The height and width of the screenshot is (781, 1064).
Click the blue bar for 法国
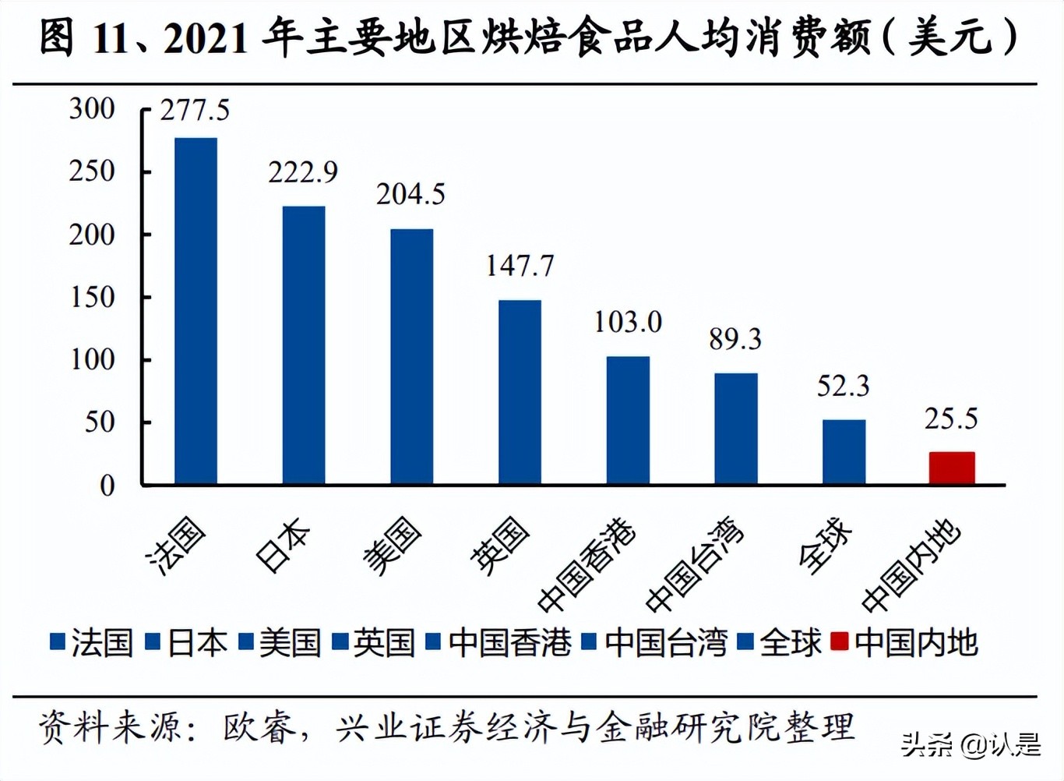(196, 312)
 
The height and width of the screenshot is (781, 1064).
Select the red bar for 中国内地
(952, 468)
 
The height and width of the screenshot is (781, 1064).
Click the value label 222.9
(303, 172)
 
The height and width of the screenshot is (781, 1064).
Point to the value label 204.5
(410, 194)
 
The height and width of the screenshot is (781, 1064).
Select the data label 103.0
(628, 322)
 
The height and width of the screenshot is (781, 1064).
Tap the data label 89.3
(735, 339)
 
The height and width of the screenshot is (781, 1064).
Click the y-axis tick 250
(92, 171)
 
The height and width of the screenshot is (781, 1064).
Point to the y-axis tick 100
(92, 359)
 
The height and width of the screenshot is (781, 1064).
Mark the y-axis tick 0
(107, 486)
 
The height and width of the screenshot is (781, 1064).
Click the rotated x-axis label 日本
(282, 545)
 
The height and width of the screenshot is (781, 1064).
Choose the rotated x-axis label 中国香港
(587, 564)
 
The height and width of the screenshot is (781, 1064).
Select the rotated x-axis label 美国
(392, 546)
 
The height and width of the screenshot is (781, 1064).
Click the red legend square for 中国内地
(839, 641)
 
